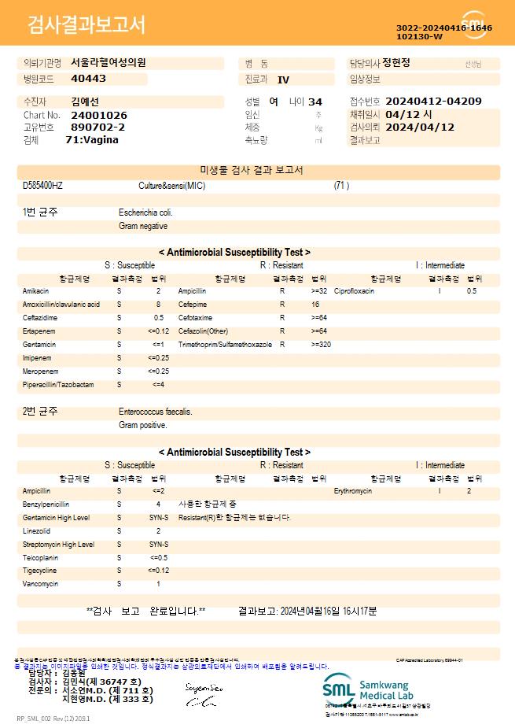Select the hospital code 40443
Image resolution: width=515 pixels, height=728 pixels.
pos(88,79)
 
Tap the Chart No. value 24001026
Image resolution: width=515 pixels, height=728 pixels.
pos(99,115)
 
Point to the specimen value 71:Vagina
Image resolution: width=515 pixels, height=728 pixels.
pos(92,139)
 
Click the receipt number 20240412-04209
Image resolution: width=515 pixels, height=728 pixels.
pos(433,102)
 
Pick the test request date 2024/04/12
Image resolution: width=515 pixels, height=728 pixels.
pos(420,127)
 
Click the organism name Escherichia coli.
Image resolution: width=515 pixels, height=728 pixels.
pos(145,212)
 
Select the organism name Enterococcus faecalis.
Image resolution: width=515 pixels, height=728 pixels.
pos(155,412)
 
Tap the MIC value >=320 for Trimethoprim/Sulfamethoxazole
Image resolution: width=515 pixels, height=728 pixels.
pos(321,345)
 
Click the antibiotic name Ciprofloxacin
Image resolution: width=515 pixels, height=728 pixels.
pos(354,291)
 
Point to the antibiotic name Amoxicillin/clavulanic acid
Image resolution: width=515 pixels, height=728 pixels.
pos(61,305)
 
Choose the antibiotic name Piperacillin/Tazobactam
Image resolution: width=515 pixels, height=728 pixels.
pos(58,385)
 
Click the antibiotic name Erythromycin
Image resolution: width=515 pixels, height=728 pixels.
pos(353,491)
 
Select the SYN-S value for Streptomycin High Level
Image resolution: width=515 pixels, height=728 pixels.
pos(159,545)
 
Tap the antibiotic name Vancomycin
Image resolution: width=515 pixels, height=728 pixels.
pos(41,584)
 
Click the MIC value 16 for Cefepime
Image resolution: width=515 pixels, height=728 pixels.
pos(315,305)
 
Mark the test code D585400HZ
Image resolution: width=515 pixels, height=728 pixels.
pos(42,186)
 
